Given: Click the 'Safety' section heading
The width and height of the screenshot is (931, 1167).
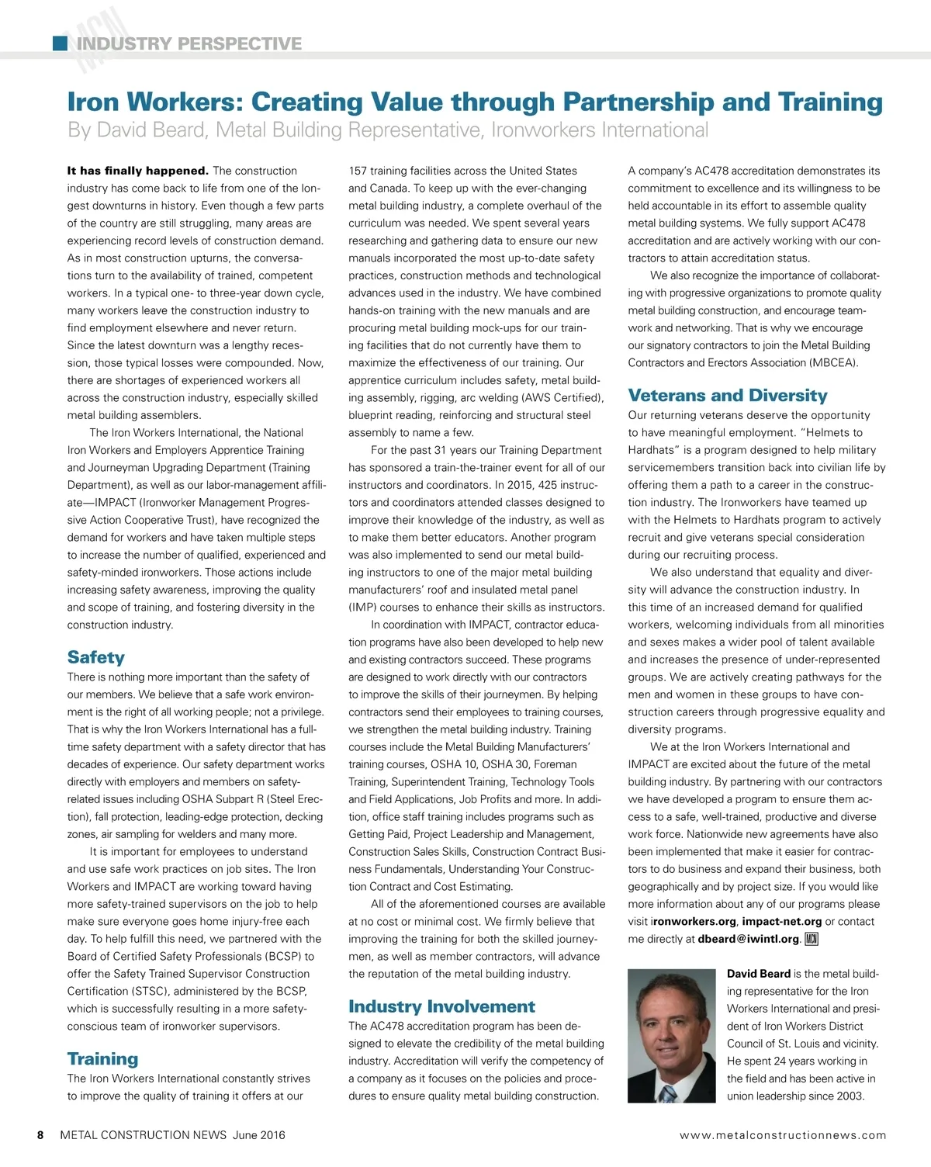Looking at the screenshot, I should [x=95, y=657].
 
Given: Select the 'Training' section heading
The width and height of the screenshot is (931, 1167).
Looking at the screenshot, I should [x=102, y=1059].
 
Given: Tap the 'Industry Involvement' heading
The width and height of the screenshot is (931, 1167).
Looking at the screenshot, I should [x=441, y=1006].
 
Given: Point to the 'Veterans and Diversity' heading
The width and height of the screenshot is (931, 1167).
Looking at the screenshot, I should [x=728, y=396].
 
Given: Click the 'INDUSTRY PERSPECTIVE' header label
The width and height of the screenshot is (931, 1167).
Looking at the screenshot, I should [x=189, y=43].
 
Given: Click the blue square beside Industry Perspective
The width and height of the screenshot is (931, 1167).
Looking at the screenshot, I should [x=60, y=43].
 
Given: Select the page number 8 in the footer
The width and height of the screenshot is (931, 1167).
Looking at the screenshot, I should [x=40, y=1135].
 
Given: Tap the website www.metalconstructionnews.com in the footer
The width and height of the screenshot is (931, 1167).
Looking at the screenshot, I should [x=783, y=1135].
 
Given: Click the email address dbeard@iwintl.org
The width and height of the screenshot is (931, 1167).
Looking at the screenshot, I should [x=749, y=939].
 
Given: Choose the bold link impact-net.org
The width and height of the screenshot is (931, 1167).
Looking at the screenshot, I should [x=781, y=922].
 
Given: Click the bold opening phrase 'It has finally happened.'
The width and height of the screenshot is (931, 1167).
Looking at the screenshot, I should [x=137, y=171].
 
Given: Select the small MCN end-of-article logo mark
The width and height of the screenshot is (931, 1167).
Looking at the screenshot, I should [x=812, y=939].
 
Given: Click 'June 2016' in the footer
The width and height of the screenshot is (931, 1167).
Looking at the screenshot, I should [x=259, y=1135].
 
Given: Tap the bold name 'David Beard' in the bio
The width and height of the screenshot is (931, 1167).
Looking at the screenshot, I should [x=758, y=974].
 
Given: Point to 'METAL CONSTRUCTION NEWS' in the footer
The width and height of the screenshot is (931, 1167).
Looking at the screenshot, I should [x=144, y=1135].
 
